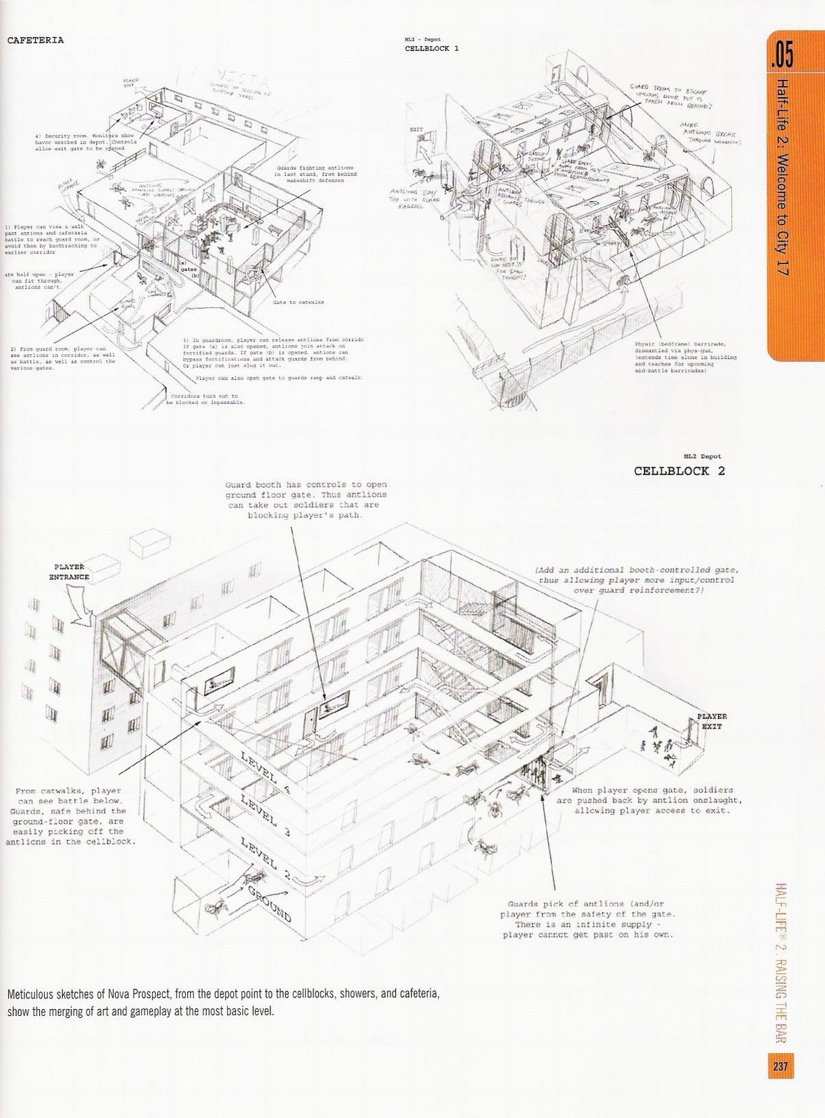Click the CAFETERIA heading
[35, 40]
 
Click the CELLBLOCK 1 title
[432, 49]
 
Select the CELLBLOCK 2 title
[679, 470]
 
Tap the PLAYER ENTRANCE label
[69, 572]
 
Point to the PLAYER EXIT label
[712, 721]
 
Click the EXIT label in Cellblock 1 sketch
[416, 130]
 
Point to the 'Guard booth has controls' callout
[306, 500]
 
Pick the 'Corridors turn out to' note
[206, 399]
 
